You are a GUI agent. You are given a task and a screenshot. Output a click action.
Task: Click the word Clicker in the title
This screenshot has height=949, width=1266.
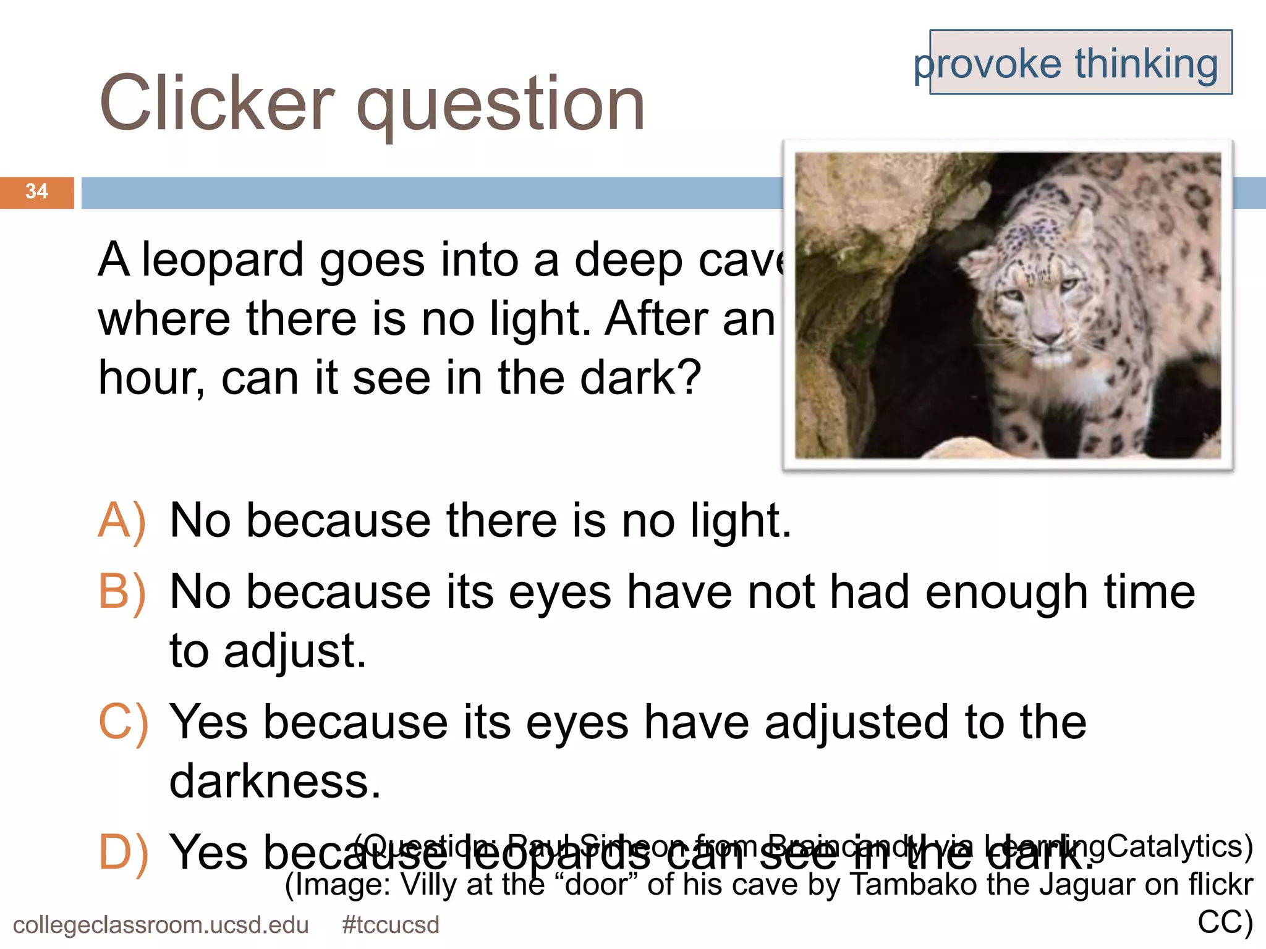216,104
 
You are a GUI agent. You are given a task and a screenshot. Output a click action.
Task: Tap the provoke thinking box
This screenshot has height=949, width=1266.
1080,62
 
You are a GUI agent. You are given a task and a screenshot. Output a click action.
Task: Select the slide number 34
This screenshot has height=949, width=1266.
36,192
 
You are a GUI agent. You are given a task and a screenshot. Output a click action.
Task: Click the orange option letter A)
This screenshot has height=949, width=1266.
122,521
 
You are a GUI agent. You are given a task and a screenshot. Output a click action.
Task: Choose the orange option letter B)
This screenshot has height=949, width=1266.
122,592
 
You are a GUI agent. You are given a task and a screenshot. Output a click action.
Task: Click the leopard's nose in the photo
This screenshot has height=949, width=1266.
1047,337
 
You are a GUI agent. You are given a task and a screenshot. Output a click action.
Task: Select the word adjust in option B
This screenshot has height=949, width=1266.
295,651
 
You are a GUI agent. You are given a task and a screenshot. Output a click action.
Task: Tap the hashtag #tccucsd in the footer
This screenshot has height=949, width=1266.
390,925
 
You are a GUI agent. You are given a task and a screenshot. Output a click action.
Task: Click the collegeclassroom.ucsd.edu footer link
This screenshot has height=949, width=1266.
161,925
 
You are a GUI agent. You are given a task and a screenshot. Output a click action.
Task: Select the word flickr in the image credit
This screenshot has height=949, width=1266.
1220,884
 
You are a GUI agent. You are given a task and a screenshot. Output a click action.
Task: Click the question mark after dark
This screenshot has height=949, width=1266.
689,377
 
